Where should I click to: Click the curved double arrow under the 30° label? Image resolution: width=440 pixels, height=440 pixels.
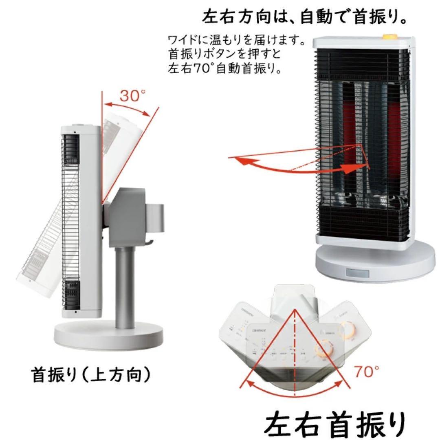[129, 108]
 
